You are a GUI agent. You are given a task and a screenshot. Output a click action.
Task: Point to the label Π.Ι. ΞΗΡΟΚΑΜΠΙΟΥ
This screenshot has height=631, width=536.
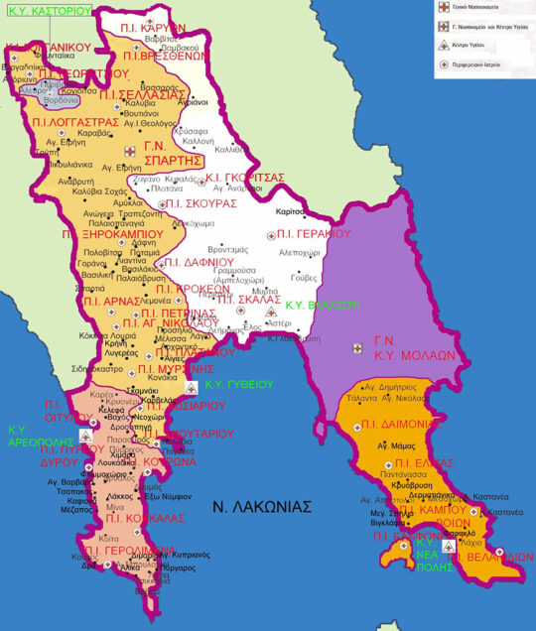(111, 235)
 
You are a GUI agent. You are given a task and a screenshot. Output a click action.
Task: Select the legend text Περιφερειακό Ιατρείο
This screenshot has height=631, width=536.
(493, 66)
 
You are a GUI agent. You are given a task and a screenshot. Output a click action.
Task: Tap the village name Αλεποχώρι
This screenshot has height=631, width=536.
(305, 252)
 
